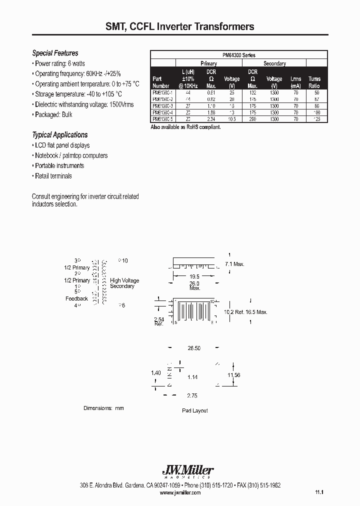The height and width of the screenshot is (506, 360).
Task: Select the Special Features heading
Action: pyautogui.click(x=55, y=53)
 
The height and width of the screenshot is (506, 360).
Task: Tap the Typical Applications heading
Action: pyautogui.click(x=59, y=135)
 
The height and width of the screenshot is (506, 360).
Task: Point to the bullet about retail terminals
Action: pyautogui.click(x=53, y=176)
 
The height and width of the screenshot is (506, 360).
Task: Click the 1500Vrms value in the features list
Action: pyautogui.click(x=121, y=104)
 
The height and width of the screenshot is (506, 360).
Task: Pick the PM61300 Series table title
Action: pyautogui.click(x=239, y=55)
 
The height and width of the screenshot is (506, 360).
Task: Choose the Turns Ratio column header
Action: pyautogui.click(x=314, y=82)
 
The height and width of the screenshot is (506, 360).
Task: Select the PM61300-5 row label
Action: pyautogui.click(x=162, y=119)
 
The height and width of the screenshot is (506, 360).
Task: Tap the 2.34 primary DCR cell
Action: pyautogui.click(x=211, y=119)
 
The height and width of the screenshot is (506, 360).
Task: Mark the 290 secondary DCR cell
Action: pyautogui.click(x=253, y=119)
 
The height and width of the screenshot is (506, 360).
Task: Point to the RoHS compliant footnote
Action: pyautogui.click(x=185, y=127)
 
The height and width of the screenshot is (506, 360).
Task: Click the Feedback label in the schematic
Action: pyautogui.click(x=76, y=298)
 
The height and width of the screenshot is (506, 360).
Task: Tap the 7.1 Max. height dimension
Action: pyautogui.click(x=234, y=264)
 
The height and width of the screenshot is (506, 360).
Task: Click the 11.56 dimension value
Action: pyautogui.click(x=234, y=374)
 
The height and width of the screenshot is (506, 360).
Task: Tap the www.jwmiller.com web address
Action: pyautogui.click(x=180, y=493)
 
